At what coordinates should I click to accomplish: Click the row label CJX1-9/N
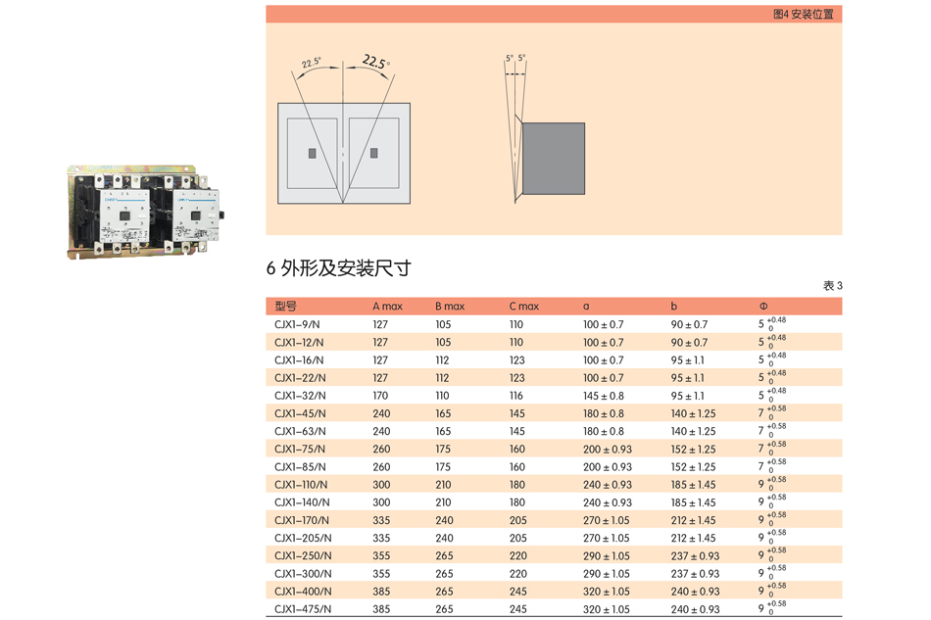pos(298,324)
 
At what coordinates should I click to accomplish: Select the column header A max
pos(387,307)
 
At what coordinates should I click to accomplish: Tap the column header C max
pos(523,307)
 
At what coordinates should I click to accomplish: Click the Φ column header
pos(763,307)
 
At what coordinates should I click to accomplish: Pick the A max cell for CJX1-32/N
pos(381,396)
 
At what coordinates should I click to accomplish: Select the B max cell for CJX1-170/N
pos(444,520)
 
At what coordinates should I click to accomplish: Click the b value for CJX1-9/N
pos(689,324)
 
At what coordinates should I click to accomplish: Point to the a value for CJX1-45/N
pos(603,413)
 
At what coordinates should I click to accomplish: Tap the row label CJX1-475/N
pos(303,609)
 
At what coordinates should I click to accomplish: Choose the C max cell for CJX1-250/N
pos(517,556)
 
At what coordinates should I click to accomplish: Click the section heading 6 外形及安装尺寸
pos(338,268)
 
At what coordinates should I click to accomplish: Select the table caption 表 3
pos(832,286)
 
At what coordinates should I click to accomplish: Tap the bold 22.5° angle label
pos(375,62)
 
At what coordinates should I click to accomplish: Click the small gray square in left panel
pos(312,154)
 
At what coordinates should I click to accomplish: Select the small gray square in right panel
pos(374,154)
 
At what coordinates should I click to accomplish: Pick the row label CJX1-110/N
pos(301,485)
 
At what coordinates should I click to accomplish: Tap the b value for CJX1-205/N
pos(693,538)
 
